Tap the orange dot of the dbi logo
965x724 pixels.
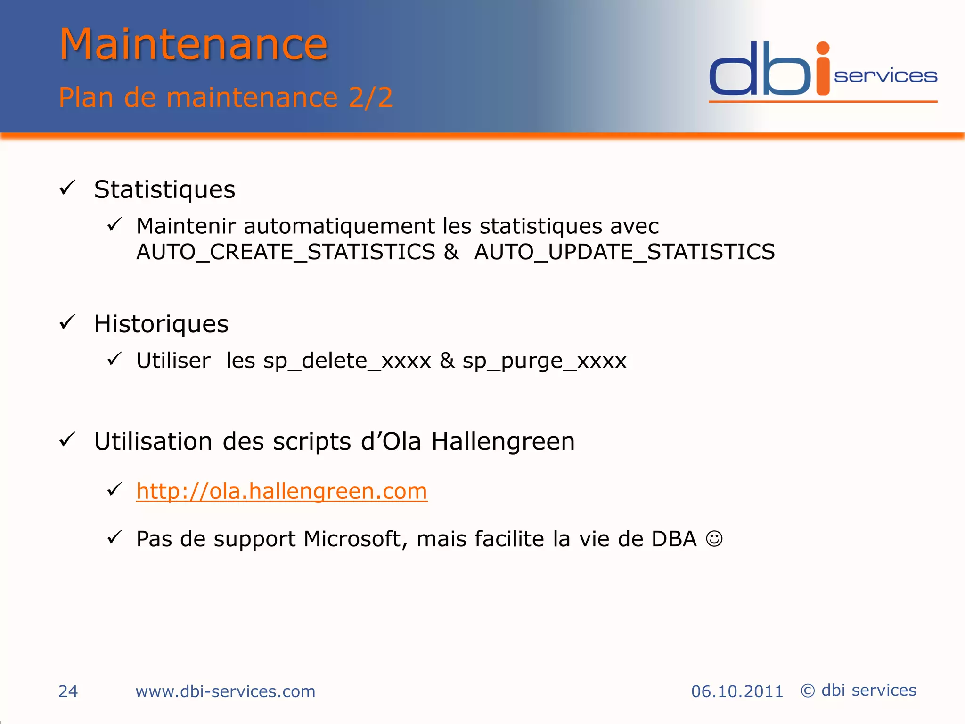pos(823,48)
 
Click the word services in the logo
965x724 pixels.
pos(885,76)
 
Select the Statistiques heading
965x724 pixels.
pos(164,189)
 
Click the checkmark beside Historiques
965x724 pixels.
pos(67,323)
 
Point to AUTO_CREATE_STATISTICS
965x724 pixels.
pos(286,252)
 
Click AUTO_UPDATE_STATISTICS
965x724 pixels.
pos(624,252)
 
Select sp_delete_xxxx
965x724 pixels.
pos(347,361)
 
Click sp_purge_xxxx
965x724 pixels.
pos(544,361)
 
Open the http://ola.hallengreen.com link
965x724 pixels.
pos(282,491)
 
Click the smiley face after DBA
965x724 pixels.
pos(714,538)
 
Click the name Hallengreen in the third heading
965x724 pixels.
pos(503,442)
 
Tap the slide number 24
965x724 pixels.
pos(68,691)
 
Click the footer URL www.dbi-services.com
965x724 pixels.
pos(225,691)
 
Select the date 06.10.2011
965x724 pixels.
pos(737,691)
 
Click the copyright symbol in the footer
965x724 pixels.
pos(808,691)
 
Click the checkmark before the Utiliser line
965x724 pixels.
pos(114,360)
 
